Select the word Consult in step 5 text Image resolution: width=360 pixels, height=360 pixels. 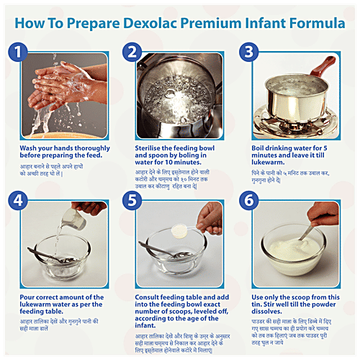pyautogui.click(x=151, y=297)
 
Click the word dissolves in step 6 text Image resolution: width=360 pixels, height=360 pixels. pyautogui.click(x=271, y=315)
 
